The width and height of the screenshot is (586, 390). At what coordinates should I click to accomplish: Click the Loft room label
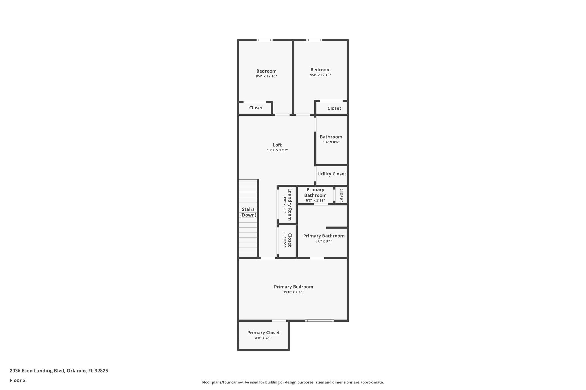pyautogui.click(x=277, y=145)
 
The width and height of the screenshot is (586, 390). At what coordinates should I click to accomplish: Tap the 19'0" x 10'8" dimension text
pyautogui.click(x=294, y=292)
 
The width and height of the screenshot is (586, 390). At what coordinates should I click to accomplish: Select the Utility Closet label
pyautogui.click(x=332, y=174)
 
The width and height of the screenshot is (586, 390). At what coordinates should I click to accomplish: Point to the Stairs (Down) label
pyautogui.click(x=248, y=212)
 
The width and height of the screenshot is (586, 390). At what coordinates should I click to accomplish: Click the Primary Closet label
pyautogui.click(x=263, y=333)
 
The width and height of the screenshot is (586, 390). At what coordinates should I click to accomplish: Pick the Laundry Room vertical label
pyautogui.click(x=290, y=204)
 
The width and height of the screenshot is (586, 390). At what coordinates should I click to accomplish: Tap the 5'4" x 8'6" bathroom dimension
pyautogui.click(x=331, y=142)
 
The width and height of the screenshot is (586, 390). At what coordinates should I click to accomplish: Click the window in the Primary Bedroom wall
pyautogui.click(x=319, y=321)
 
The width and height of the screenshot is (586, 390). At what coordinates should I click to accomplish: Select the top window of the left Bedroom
pyautogui.click(x=264, y=40)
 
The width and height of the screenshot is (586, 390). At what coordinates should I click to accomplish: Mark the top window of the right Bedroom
pyautogui.click(x=314, y=40)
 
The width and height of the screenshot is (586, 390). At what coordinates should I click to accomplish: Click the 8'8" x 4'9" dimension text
pyautogui.click(x=263, y=338)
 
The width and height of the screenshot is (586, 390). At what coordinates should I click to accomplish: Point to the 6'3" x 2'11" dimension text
pyautogui.click(x=315, y=201)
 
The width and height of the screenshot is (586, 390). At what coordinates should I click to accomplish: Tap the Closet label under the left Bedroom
pyautogui.click(x=256, y=108)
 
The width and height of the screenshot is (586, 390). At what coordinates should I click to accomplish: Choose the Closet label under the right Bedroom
pyautogui.click(x=334, y=108)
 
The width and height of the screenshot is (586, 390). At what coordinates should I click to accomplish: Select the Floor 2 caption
pyautogui.click(x=17, y=380)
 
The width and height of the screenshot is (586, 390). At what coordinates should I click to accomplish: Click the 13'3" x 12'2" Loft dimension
pyautogui.click(x=277, y=150)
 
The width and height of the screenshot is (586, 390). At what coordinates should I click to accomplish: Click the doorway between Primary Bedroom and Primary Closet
pyautogui.click(x=279, y=321)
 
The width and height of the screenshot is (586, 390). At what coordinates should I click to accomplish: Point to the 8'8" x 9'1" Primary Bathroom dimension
pyautogui.click(x=324, y=241)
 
